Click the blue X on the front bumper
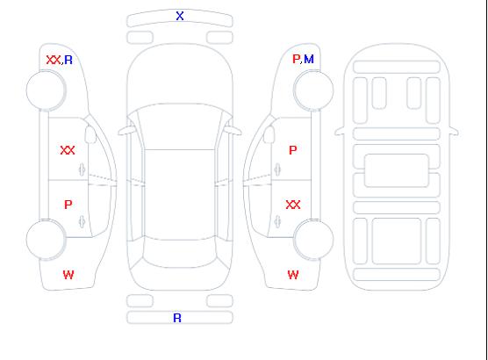(x=180, y=16)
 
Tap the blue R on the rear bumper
(x=177, y=318)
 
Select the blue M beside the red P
(x=309, y=59)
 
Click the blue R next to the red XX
(x=68, y=60)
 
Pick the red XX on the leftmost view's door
(x=68, y=150)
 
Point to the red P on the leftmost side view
(x=68, y=205)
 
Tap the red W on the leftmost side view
(x=68, y=275)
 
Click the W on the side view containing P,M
(x=293, y=275)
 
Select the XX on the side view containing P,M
(x=293, y=205)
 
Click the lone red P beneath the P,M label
(x=293, y=150)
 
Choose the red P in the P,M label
(x=296, y=59)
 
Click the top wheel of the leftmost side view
(x=46, y=90)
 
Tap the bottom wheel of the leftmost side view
(x=46, y=240)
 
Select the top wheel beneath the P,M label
(x=313, y=90)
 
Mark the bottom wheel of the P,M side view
(x=313, y=240)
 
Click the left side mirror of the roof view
(x=126, y=131)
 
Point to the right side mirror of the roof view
(x=233, y=131)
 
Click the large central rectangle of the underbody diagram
(x=397, y=170)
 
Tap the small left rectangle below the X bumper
(x=140, y=38)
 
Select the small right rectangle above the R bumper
(x=219, y=301)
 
